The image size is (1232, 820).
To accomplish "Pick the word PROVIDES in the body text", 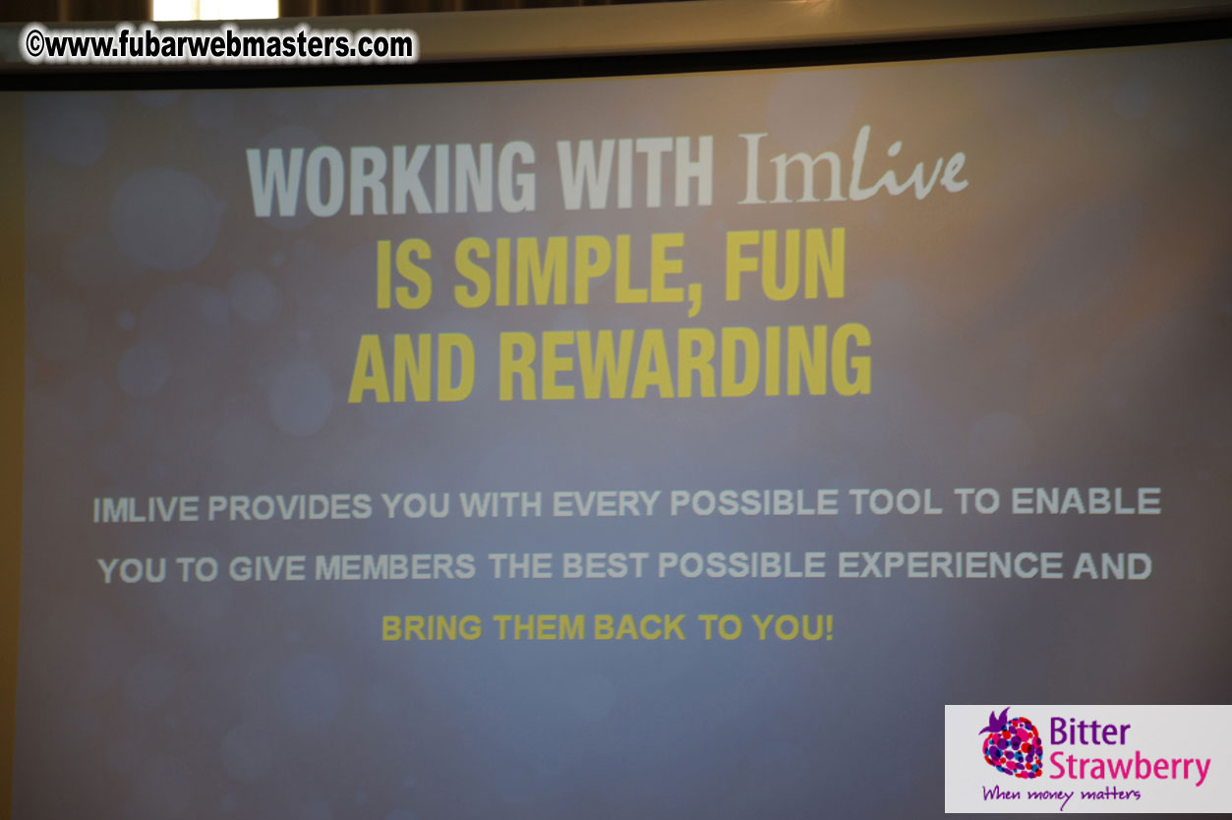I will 290,507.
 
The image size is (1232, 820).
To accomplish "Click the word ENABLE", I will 1085,501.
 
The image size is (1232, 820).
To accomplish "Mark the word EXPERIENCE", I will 949,565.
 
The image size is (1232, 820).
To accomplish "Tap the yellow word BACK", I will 639,628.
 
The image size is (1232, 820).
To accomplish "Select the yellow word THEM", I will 538,628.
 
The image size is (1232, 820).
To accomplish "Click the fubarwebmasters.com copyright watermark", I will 220,44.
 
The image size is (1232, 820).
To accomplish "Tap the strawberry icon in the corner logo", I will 1011,744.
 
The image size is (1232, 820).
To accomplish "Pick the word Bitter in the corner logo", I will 1089,732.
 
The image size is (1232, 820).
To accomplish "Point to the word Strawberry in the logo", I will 1128,766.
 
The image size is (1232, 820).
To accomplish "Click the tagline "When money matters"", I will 1060,793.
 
